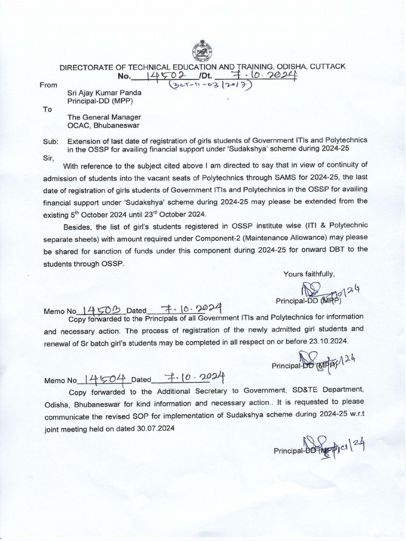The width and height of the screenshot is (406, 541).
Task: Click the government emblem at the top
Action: click(202, 52)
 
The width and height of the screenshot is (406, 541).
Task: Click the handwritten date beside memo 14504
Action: click(196, 377)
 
